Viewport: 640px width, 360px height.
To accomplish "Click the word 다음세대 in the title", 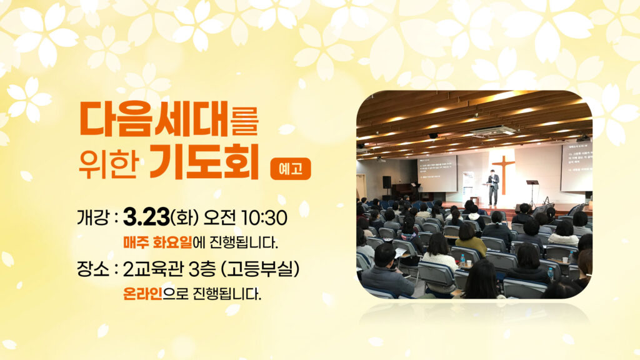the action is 154,119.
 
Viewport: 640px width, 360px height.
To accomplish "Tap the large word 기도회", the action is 204,162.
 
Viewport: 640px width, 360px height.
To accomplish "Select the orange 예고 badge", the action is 291,169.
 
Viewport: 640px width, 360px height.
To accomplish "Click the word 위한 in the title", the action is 107,164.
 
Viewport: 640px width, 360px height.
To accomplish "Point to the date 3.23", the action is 146,217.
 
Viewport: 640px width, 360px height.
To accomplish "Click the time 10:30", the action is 264,217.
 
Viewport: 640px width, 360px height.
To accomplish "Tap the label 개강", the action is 92,217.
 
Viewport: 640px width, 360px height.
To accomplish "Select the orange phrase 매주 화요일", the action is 157,242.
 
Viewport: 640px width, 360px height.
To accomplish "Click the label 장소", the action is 92,269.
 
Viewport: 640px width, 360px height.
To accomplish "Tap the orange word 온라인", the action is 143,294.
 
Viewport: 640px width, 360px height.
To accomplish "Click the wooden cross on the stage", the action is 503,174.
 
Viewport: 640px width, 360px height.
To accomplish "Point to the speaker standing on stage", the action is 494,187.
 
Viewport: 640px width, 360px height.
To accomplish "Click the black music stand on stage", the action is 532,192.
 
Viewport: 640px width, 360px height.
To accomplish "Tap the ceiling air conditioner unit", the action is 494,131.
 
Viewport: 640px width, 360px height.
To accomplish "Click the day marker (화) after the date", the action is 184,217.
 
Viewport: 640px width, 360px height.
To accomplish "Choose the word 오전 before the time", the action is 219,217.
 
